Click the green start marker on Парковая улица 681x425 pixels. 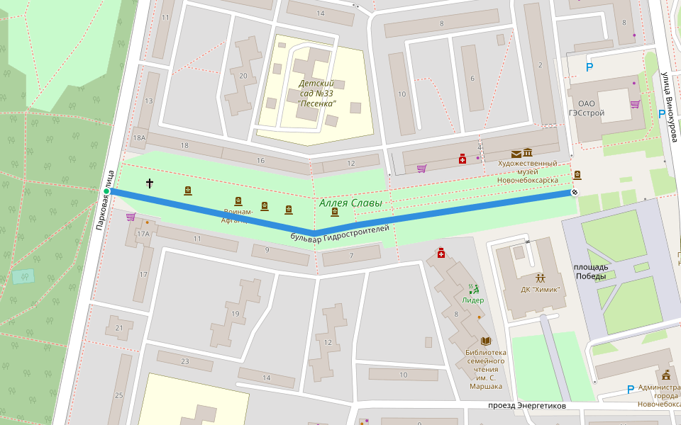coord(106,191)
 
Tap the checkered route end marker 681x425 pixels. coord(575,192)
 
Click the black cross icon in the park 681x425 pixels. coord(150,183)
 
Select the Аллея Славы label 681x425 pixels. coord(350,203)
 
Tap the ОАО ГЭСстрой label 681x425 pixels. coord(587,108)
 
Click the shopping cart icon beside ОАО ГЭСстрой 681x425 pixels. coord(635,104)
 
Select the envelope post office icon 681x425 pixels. coord(516,154)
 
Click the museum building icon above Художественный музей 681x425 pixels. coord(528,154)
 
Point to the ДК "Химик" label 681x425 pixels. coord(540,289)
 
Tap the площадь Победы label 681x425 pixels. coord(591,272)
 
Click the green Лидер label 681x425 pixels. coord(473,300)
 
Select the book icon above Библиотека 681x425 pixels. coord(486,341)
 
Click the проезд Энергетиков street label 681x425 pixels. coord(527,406)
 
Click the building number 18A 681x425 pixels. coord(138,137)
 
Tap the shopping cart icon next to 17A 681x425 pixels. coord(131,217)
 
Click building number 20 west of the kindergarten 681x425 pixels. coord(243,76)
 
